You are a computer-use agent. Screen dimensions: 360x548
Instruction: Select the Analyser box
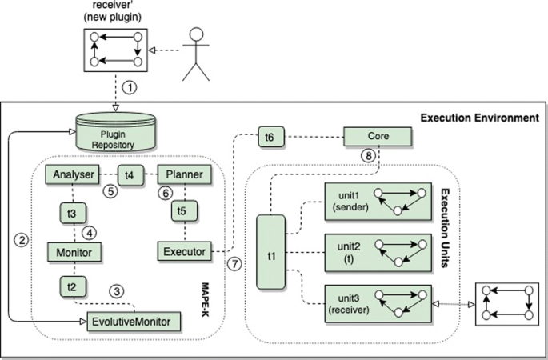(72, 174)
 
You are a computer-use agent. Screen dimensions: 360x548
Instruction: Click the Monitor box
(73, 252)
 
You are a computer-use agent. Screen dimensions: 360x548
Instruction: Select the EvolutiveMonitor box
(133, 322)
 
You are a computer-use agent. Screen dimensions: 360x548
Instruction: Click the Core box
(378, 136)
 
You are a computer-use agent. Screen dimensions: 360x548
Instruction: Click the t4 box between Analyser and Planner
(130, 174)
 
